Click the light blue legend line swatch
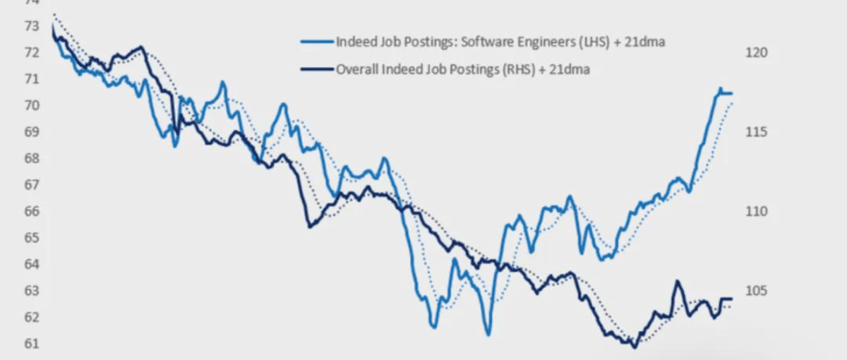[x=316, y=42]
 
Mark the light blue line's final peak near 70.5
[x=720, y=89]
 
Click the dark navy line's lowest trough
[x=634, y=347]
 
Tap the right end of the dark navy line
[x=732, y=299]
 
